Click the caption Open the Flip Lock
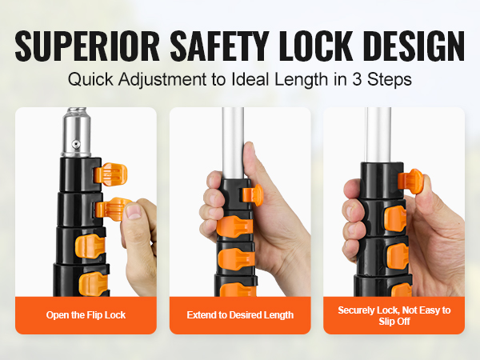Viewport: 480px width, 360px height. point(86,315)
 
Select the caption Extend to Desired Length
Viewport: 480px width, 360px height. point(240,315)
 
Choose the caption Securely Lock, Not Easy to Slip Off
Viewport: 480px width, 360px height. point(394,315)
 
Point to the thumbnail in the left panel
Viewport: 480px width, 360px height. point(134,212)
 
